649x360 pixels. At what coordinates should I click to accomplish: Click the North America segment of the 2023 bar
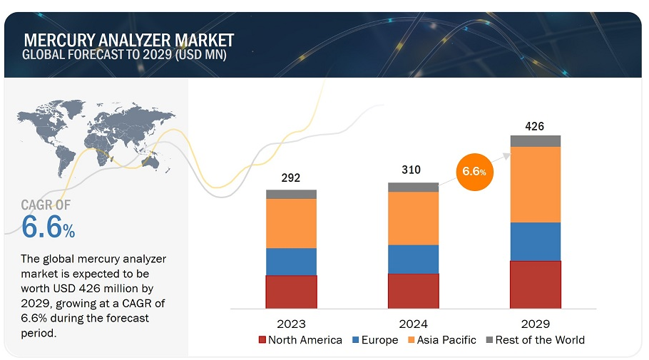coord(291,292)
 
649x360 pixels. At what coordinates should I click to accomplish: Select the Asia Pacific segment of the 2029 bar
coord(535,184)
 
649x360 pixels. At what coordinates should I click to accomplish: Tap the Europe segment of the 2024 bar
coord(413,259)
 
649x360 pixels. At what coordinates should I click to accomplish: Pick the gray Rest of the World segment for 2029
coord(535,140)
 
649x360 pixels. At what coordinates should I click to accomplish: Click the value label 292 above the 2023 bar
coord(291,178)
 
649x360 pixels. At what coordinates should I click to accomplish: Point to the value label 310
coord(412,170)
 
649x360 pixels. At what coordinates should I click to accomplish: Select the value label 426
coord(535,126)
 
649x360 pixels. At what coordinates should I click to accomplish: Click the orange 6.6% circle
coord(475,172)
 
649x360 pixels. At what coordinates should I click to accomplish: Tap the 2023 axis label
coord(291,323)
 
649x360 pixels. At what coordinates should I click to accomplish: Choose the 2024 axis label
coord(413,323)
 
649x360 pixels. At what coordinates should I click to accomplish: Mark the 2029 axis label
coord(535,323)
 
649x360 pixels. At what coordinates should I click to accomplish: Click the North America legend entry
coord(300,340)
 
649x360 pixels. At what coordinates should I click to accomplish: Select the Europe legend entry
coord(375,340)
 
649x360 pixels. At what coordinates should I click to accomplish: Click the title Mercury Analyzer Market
coord(128,40)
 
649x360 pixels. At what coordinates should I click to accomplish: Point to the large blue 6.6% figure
coord(48,227)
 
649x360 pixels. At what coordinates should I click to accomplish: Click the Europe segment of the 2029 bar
coord(535,242)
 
